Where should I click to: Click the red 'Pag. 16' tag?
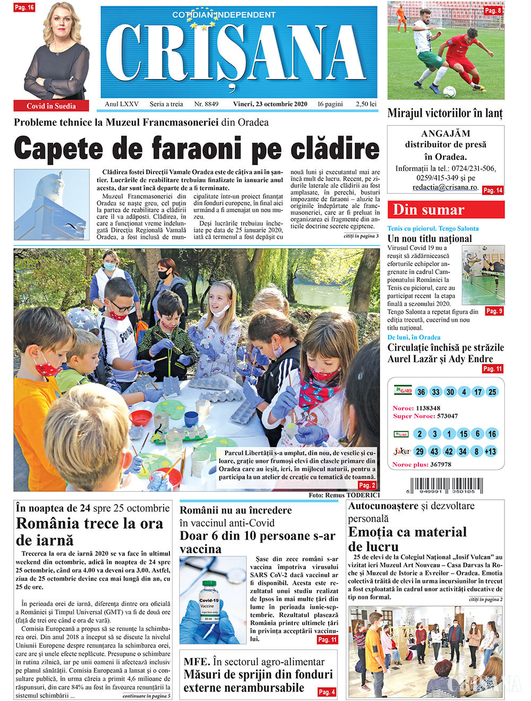pos(24,7)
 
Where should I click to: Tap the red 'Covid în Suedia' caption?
pos(51,106)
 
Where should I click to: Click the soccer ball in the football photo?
pos(449,91)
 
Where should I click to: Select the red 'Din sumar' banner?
pos(446,210)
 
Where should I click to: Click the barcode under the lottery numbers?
pos(447,485)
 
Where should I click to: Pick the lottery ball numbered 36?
pos(421,392)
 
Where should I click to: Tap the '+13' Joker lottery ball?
pos(491,451)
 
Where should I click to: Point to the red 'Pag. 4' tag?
pos(327,692)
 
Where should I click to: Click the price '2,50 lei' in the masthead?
pos(366,104)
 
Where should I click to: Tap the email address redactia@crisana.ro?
pos(446,187)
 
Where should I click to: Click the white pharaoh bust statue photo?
pos(52,204)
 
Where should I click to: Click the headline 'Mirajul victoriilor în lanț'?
pos(445,113)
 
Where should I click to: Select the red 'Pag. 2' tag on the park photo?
pos(367,485)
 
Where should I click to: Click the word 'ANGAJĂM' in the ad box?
pos(446,133)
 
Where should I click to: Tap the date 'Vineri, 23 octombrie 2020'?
pos(270,104)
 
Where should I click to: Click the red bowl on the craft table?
pos(140,417)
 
